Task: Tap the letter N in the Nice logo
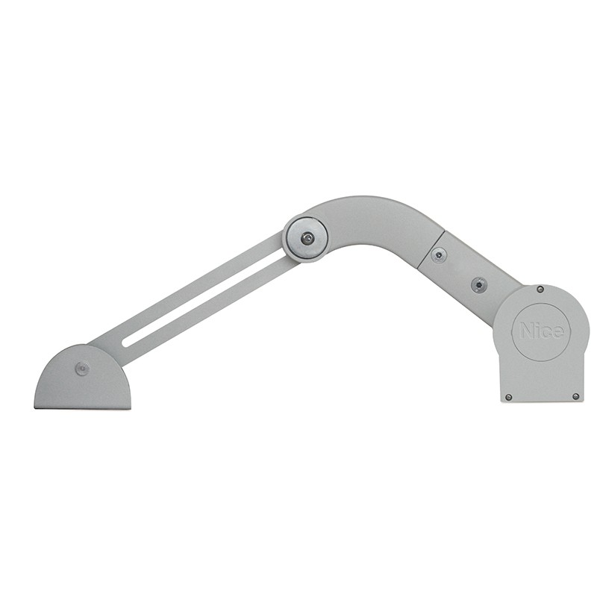[528, 330]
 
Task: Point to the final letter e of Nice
[557, 332]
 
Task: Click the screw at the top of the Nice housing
[540, 290]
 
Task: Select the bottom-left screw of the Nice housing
[509, 397]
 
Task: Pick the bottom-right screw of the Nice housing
[576, 396]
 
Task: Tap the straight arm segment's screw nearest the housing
[478, 284]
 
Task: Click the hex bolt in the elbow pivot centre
[307, 238]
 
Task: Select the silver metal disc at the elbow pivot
[307, 239]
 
